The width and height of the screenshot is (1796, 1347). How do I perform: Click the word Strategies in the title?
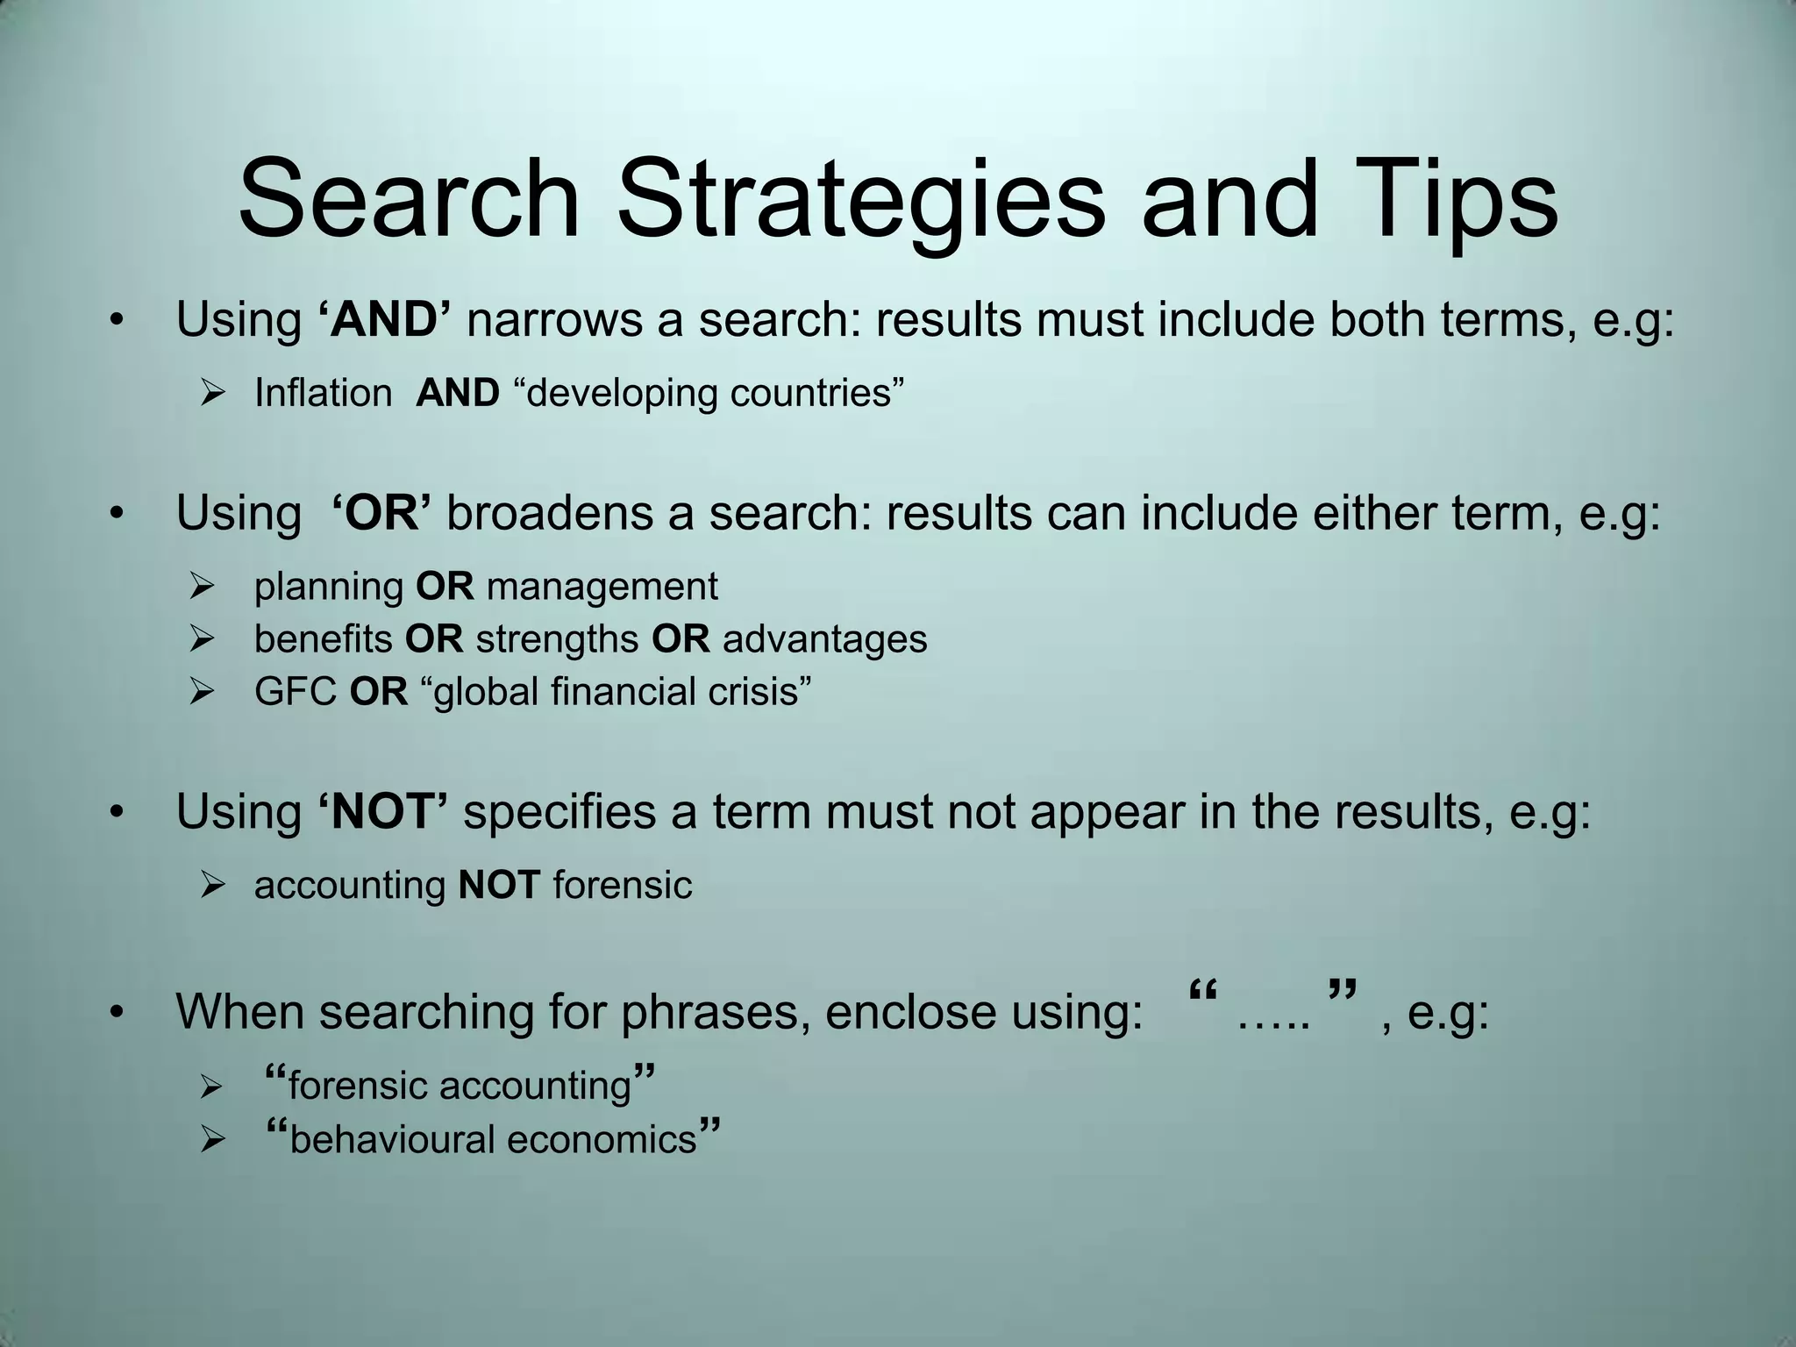860,200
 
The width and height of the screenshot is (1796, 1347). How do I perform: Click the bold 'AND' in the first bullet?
383,319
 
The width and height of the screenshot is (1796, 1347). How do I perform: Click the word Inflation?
323,393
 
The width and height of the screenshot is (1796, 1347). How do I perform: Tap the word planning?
328,587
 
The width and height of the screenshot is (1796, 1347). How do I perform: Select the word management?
602,587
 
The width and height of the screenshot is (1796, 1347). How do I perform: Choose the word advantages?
824,639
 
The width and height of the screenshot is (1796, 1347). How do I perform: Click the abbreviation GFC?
296,692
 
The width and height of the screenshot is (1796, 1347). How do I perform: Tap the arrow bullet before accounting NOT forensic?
213,885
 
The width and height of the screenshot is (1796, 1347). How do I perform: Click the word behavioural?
391,1140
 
